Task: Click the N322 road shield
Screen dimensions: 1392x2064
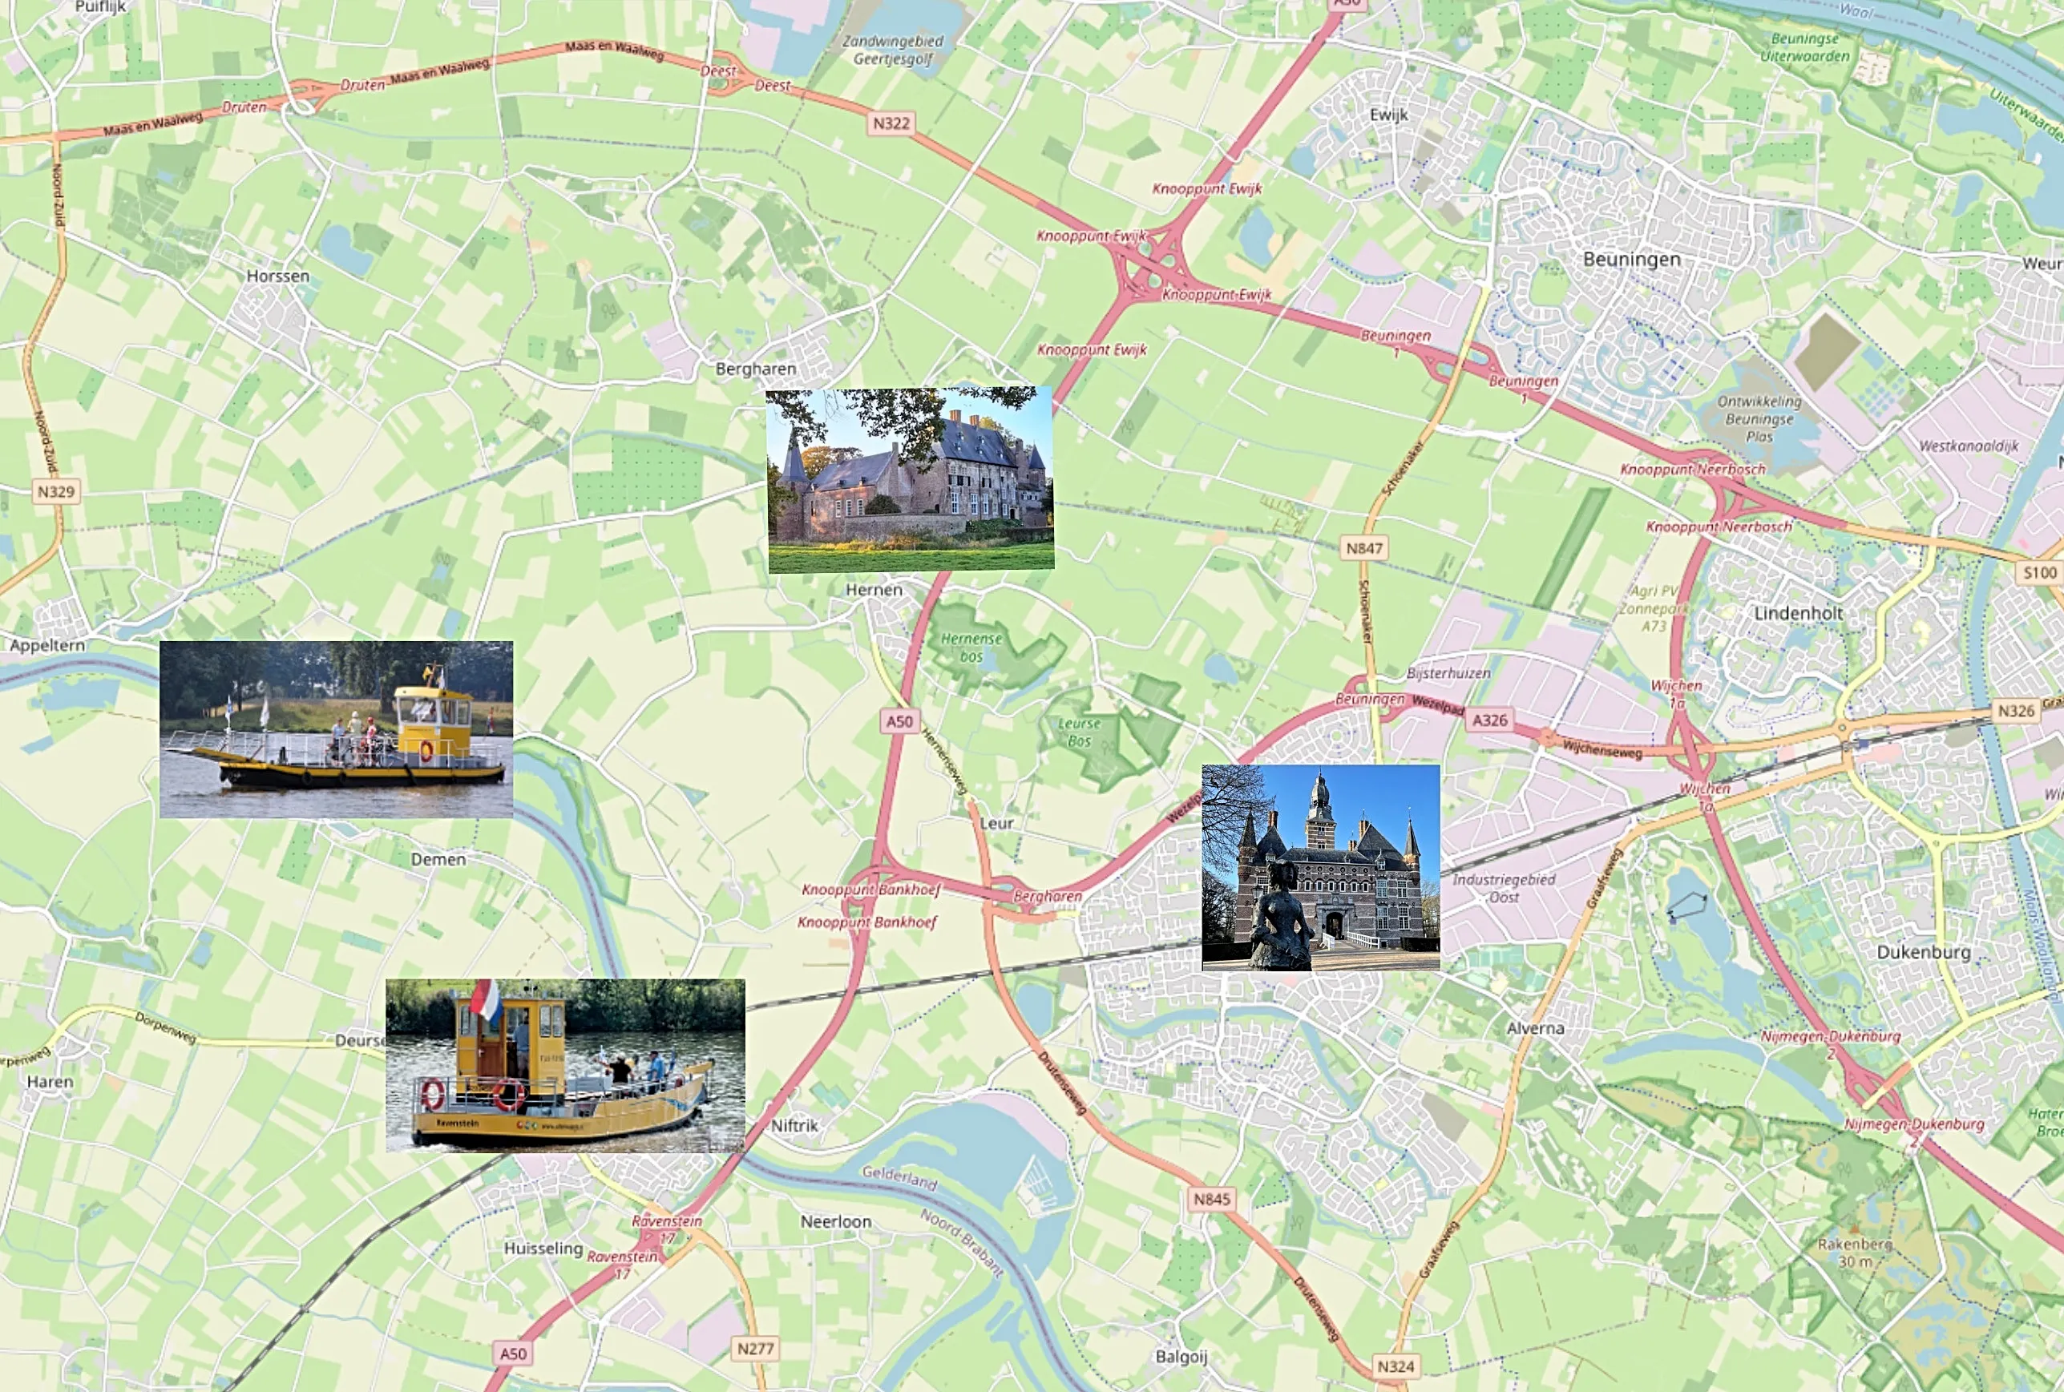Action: pyautogui.click(x=891, y=123)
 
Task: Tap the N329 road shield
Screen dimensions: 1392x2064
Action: pyautogui.click(x=56, y=491)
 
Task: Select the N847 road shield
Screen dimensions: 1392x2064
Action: pyautogui.click(x=1363, y=548)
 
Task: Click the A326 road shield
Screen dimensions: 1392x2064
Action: pyautogui.click(x=1488, y=720)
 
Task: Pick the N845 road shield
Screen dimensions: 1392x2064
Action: pyautogui.click(x=1212, y=1200)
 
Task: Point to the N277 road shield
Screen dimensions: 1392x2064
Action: pyautogui.click(x=756, y=1349)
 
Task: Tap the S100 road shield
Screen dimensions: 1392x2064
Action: pyautogui.click(x=2039, y=573)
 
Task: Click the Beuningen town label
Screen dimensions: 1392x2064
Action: pyautogui.click(x=1632, y=259)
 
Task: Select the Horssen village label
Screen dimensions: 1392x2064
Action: pyautogui.click(x=278, y=276)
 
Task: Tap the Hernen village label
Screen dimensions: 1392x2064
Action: pyautogui.click(x=874, y=590)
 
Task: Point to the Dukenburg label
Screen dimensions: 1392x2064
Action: pyautogui.click(x=1923, y=952)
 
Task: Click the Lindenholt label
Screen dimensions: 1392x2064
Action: pyautogui.click(x=1799, y=613)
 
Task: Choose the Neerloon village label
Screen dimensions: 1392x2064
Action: pyautogui.click(x=835, y=1221)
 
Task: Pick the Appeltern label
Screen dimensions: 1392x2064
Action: pyautogui.click(x=47, y=645)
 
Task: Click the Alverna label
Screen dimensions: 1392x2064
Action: pyautogui.click(x=1535, y=1028)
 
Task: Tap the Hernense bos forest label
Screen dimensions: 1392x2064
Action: pyautogui.click(x=971, y=648)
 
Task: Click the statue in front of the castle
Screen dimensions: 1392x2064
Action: pyautogui.click(x=1281, y=919)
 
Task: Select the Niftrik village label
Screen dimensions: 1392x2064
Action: pyautogui.click(x=794, y=1126)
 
